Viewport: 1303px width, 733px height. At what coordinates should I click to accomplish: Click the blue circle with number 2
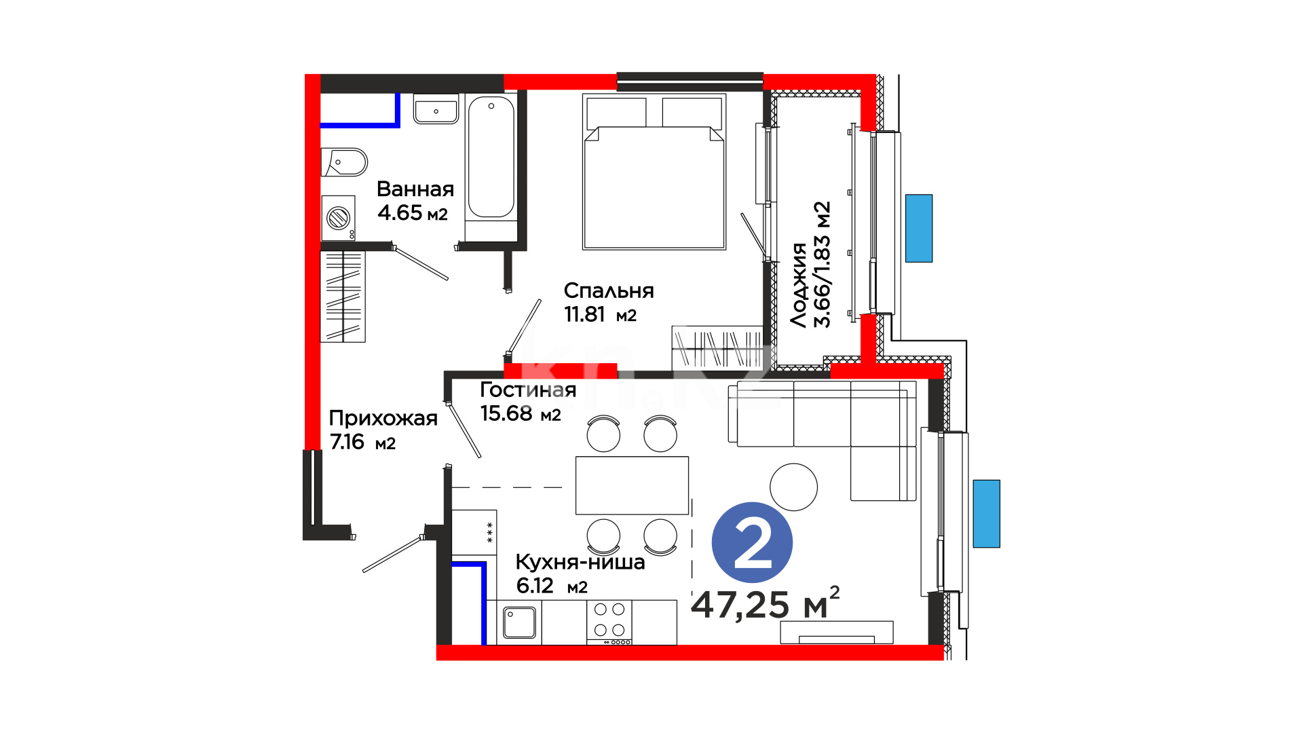pos(752,542)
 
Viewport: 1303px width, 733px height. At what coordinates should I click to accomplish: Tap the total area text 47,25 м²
pos(766,603)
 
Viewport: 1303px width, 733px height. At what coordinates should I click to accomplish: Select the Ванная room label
pos(415,189)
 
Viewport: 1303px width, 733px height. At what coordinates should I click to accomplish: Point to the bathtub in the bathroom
pos(491,167)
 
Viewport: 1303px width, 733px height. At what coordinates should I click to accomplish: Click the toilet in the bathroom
pos(344,162)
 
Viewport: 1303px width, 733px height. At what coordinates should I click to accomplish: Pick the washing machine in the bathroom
pos(338,218)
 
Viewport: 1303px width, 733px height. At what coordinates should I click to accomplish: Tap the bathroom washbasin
pos(436,109)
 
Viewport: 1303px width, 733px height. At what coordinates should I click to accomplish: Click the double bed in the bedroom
pos(654,172)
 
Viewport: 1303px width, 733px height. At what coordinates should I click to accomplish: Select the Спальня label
pos(609,290)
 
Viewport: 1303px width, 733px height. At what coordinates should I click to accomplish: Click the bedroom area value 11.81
pos(584,314)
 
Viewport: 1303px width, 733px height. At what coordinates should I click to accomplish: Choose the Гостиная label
pos(528,390)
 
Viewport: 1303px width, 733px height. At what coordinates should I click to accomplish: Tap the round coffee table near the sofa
pos(793,487)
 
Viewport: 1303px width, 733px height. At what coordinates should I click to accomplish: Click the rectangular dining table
pos(632,485)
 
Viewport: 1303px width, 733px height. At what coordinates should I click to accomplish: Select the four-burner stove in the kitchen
pos(609,622)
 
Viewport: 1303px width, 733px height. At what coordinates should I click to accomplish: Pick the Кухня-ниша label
pos(580,562)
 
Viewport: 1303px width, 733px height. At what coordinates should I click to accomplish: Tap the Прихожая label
pos(383,418)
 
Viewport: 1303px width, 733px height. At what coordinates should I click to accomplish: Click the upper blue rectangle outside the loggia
pos(919,228)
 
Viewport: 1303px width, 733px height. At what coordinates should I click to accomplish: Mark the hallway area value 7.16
pos(347,442)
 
